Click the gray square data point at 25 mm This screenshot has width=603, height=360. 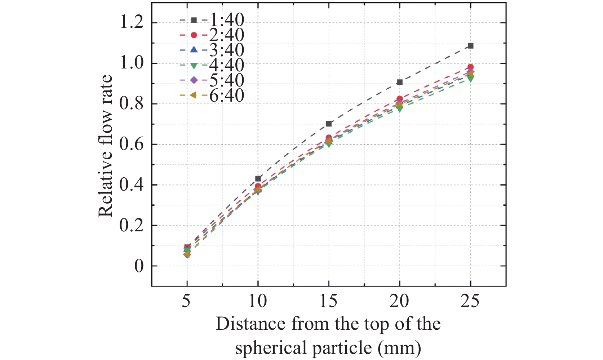[x=470, y=46]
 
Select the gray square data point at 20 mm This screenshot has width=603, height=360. [x=399, y=82]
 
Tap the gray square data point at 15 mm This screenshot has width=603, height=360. [x=329, y=124]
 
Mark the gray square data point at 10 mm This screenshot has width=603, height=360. [x=258, y=178]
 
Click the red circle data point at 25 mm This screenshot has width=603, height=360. [x=470, y=67]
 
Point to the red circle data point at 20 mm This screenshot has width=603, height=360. [x=399, y=99]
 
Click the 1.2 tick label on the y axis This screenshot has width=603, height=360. [x=131, y=22]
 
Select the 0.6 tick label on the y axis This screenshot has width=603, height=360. [x=131, y=144]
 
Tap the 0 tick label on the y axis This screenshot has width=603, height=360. [x=139, y=266]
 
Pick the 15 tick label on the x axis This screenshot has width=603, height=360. [x=328, y=301]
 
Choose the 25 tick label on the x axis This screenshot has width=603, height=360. [x=470, y=301]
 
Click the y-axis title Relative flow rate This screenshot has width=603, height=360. [x=106, y=146]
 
